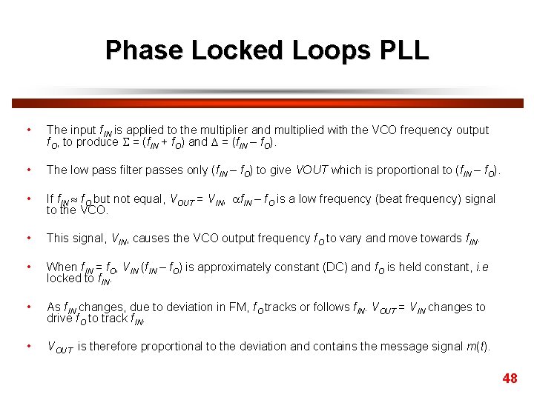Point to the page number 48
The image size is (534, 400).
pyautogui.click(x=510, y=379)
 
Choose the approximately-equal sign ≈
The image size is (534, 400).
pyautogui.click(x=73, y=199)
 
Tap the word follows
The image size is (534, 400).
pyautogui.click(x=332, y=307)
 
